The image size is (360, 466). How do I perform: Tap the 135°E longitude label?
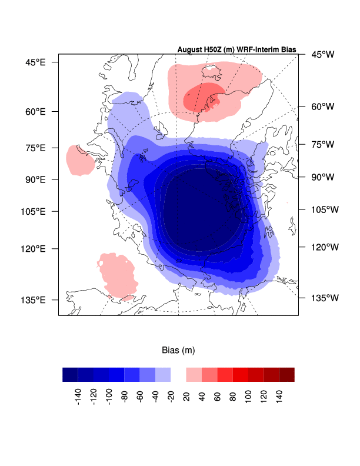coord(34,299)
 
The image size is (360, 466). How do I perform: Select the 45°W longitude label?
coord(322,55)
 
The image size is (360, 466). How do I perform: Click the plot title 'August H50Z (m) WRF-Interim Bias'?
coord(236,49)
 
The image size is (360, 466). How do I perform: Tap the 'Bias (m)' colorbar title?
coord(178,350)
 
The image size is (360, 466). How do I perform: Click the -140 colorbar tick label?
coord(78,397)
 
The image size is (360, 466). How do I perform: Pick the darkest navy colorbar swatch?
coord(70,375)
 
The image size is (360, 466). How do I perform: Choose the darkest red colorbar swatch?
coord(286,375)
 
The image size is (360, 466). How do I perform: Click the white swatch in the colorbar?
coord(178,375)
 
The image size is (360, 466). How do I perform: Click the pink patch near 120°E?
coord(116,274)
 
